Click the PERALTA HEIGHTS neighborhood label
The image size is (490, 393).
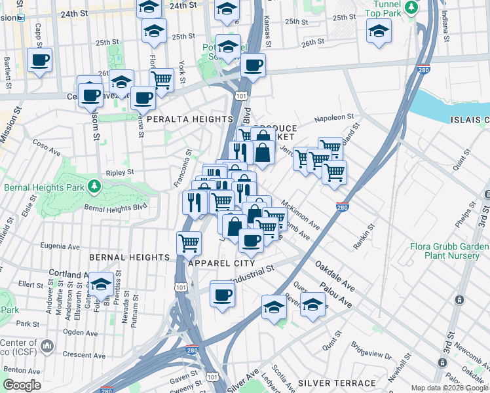pos(190,119)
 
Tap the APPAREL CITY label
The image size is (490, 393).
pos(221,263)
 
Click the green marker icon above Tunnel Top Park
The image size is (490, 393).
pos(411,7)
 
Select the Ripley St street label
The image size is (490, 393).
pos(120,172)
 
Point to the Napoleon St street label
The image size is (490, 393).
pos(330,119)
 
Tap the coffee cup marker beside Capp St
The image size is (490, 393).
pos(39,60)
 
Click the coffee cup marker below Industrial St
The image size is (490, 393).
pos(223,295)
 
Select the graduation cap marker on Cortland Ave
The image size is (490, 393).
pos(100,284)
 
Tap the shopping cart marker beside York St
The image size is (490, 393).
pos(161,80)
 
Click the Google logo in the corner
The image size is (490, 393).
pos(22,385)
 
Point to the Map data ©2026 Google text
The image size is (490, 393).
pos(449,388)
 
